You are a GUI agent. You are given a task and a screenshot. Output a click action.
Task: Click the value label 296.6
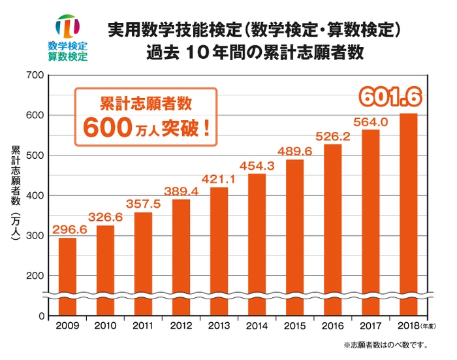pos(67,229)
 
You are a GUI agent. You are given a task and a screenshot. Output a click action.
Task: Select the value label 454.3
pos(257,165)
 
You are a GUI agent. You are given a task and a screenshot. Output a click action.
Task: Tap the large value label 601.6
pos(389,98)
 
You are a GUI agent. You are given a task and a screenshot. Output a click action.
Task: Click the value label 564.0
pos(370,122)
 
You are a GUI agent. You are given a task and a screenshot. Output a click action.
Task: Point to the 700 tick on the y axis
pos(35,76)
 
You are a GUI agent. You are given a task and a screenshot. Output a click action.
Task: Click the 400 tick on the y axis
pos(35,196)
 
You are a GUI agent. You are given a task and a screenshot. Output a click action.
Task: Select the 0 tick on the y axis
pos(40,316)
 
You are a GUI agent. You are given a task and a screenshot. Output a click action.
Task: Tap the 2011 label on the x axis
pos(143,325)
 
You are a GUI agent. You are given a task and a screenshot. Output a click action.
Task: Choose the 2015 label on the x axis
pos(294,325)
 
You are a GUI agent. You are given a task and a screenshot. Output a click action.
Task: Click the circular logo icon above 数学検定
pos(67,26)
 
